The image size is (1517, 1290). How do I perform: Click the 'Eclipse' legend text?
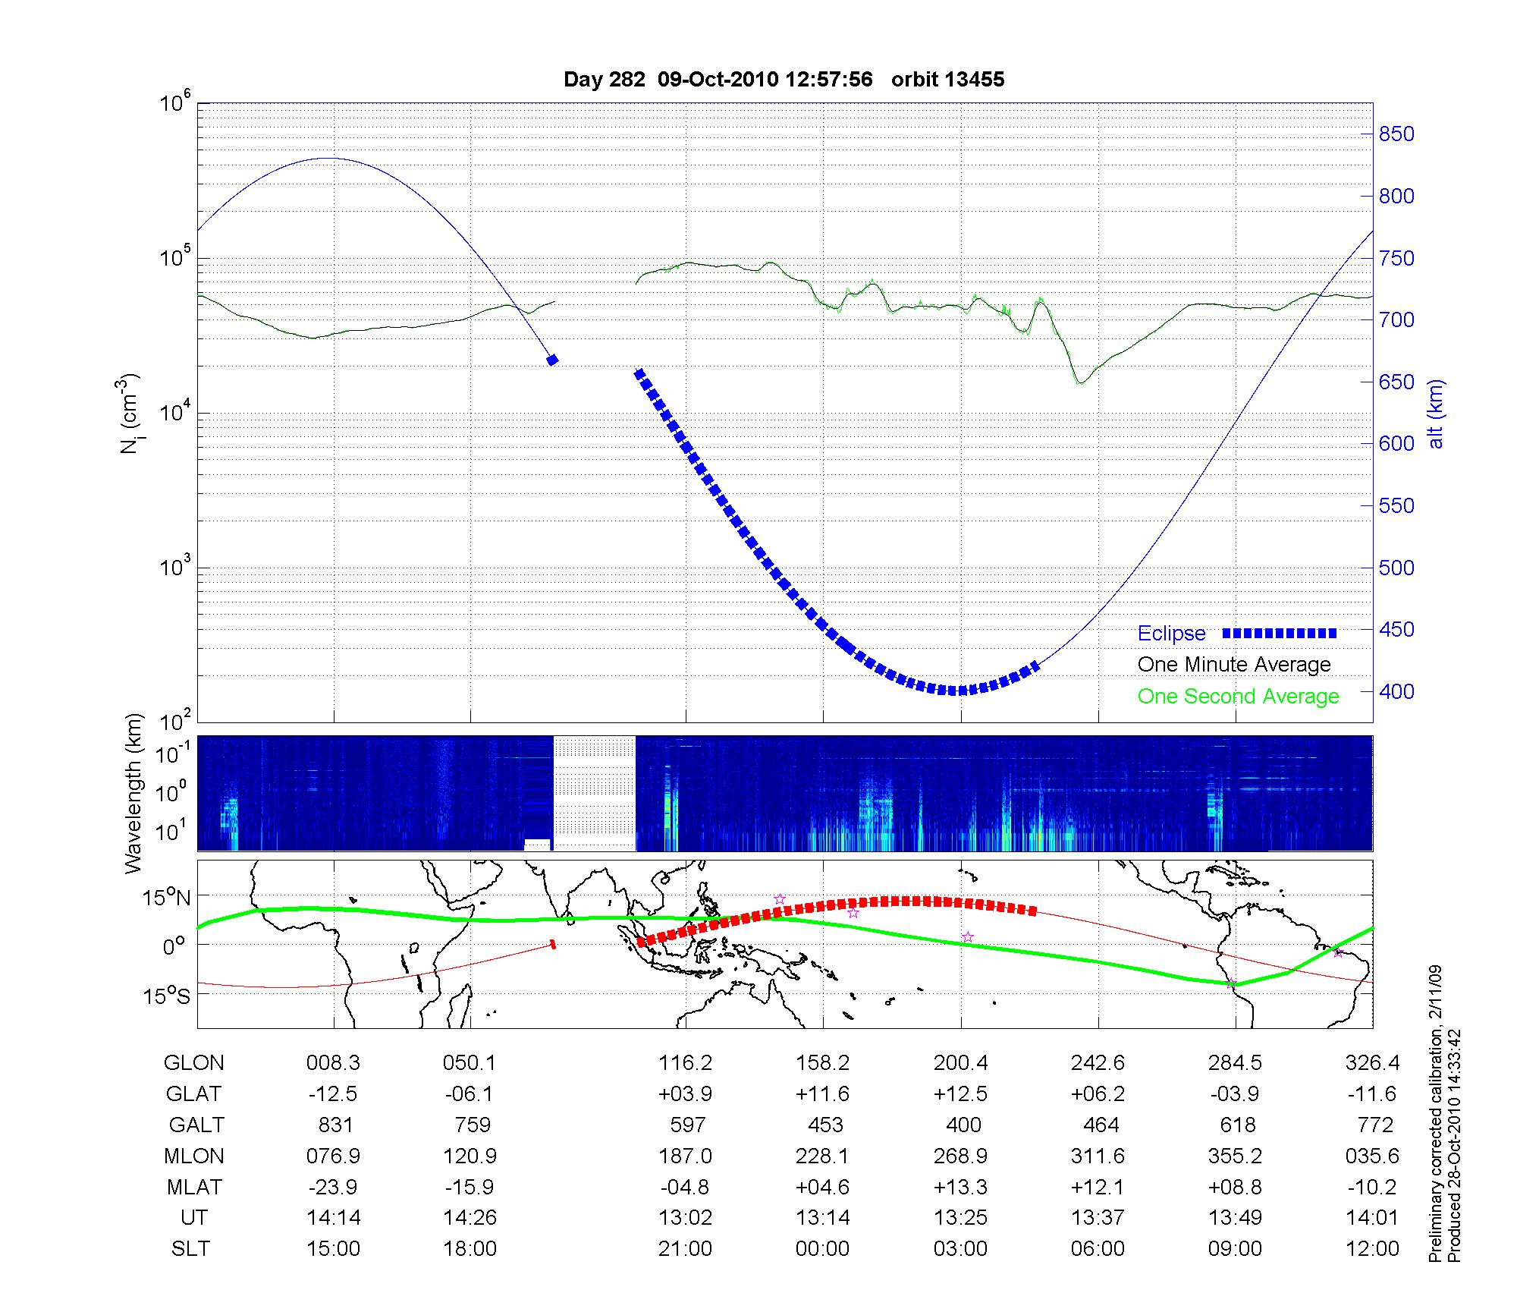tap(1171, 634)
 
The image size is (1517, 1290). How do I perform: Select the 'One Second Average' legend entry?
tap(1238, 697)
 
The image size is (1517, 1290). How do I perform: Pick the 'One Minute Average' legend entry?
tap(1234, 665)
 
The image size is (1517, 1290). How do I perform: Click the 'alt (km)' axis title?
tap(1436, 414)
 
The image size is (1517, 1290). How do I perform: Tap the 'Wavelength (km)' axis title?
tap(134, 793)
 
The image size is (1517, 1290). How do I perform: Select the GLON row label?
tap(193, 1063)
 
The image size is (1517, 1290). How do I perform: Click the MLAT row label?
tap(193, 1187)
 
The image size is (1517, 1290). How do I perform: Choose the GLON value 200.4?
tap(960, 1063)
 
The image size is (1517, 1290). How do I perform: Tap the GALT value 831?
tap(334, 1125)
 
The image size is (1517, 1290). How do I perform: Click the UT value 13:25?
tap(960, 1218)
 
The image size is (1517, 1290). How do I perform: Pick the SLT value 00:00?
tap(823, 1249)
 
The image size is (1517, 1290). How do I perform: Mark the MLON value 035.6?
tap(1372, 1156)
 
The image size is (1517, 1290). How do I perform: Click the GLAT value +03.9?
tap(685, 1094)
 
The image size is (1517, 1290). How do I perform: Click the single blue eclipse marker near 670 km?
tap(552, 360)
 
